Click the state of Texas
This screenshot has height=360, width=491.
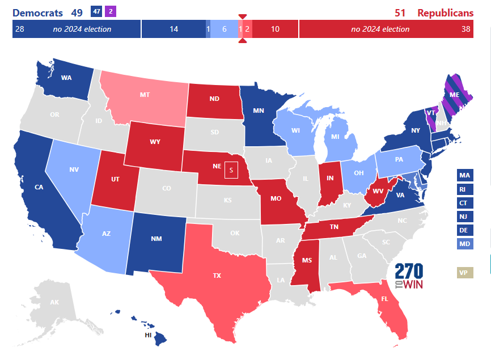217,276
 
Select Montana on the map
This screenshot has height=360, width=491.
145,96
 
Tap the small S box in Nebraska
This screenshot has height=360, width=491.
231,170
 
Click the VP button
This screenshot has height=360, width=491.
464,273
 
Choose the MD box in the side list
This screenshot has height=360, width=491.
464,244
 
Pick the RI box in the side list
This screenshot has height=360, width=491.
464,189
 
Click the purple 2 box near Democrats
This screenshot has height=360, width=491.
111,11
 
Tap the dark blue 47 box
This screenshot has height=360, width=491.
96,11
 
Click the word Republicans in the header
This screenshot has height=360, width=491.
445,13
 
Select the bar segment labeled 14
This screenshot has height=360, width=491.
173,29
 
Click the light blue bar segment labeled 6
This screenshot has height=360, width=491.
224,29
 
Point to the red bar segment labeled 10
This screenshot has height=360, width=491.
275,29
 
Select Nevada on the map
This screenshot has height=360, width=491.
74,168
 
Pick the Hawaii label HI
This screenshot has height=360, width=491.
148,335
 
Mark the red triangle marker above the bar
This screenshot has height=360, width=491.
243,17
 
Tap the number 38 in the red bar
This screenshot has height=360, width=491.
466,29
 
